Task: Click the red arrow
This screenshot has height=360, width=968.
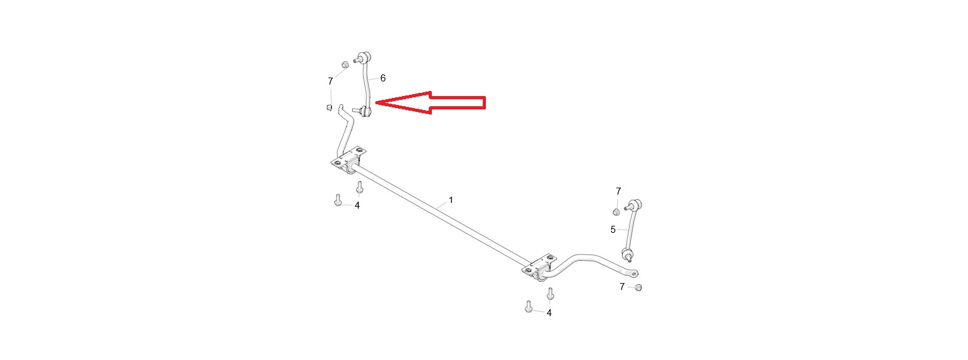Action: [431, 102]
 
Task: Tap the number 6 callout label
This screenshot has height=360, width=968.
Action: [382, 78]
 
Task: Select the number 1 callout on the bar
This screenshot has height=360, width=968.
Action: [451, 200]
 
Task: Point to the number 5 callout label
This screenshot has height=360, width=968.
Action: [612, 230]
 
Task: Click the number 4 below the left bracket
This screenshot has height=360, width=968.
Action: [357, 205]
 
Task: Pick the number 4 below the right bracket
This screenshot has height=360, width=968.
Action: [549, 313]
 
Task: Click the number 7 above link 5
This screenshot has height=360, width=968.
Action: [618, 191]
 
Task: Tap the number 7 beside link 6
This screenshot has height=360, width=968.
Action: [330, 81]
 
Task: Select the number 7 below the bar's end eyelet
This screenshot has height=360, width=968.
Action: [622, 286]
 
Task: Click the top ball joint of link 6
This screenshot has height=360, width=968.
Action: [365, 57]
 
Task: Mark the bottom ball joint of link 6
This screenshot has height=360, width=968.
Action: [366, 111]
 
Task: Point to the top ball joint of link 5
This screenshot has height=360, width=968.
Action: [636, 204]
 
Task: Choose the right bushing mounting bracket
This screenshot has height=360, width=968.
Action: [539, 268]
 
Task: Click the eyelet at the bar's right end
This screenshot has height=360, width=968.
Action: [633, 273]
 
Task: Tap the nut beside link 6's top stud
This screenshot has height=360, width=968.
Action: [345, 64]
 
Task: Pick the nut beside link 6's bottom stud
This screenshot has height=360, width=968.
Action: [329, 107]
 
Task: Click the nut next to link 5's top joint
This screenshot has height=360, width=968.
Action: [617, 212]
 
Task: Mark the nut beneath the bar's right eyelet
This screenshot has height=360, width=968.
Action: [639, 287]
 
